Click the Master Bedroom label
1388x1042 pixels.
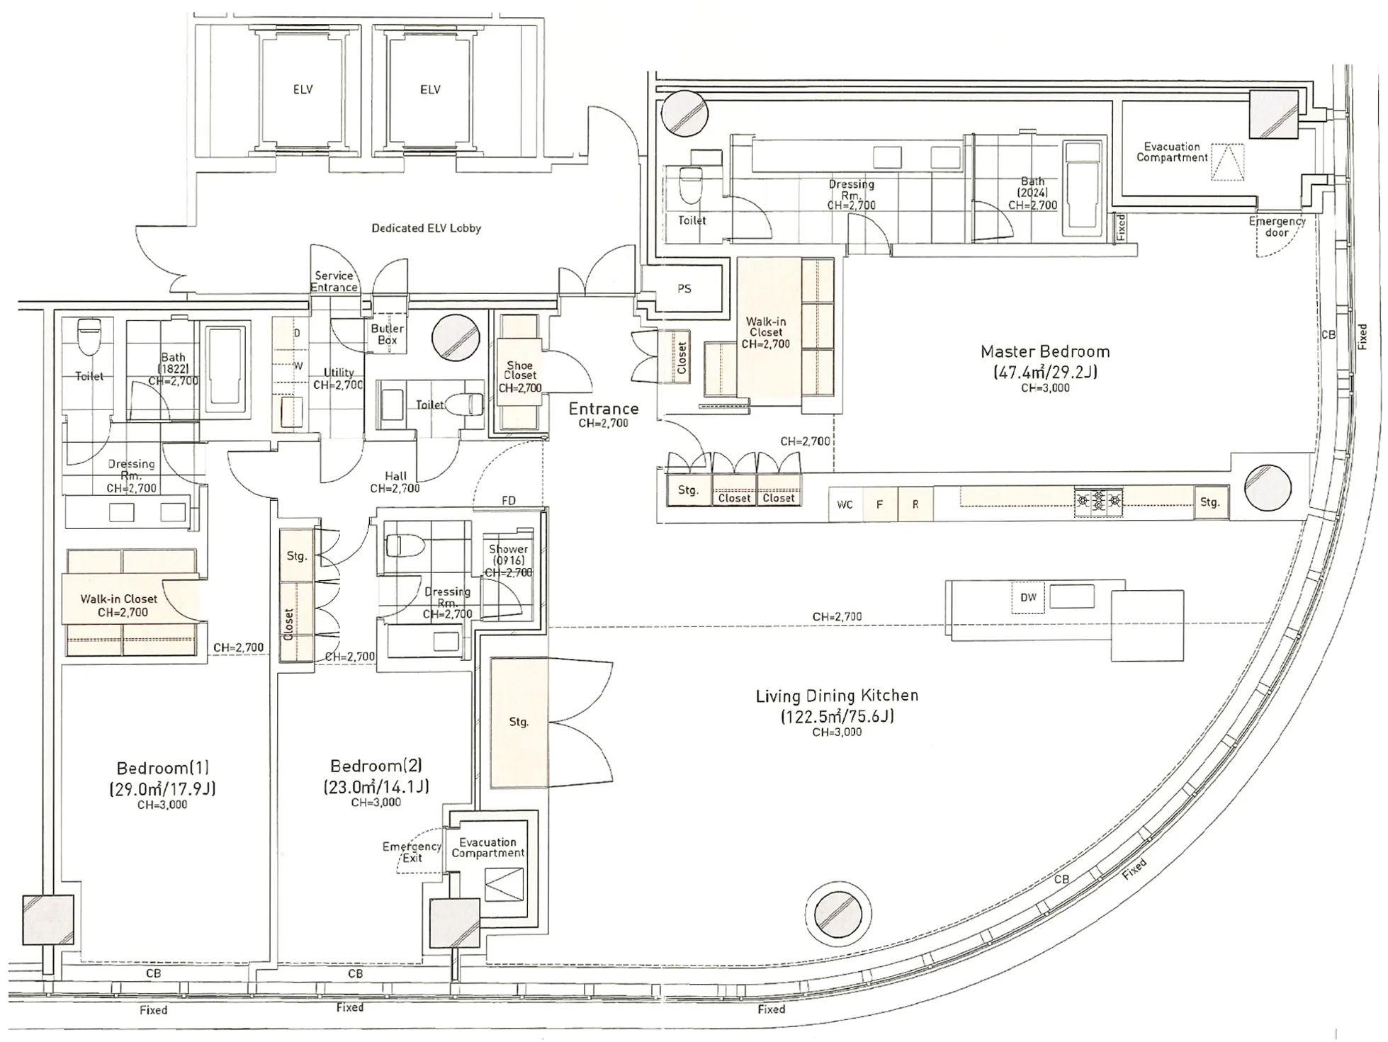(x=1045, y=351)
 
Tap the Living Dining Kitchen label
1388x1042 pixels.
(x=837, y=696)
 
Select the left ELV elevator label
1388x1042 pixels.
(x=303, y=90)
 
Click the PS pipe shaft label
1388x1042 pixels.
(x=684, y=289)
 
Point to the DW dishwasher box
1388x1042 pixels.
(x=1028, y=598)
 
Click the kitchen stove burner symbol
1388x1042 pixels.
(x=1098, y=502)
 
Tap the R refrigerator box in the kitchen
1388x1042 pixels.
(x=915, y=504)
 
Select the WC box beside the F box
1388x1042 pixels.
(x=845, y=504)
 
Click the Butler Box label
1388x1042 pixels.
(x=387, y=334)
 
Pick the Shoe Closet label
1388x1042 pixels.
(x=519, y=370)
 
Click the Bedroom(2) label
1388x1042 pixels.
(x=376, y=766)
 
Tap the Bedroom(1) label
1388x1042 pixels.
(x=163, y=768)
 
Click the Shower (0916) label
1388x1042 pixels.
(x=508, y=555)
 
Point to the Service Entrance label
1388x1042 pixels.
(x=334, y=281)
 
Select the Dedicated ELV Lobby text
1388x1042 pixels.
(x=427, y=228)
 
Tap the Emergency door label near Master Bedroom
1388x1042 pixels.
(x=1277, y=227)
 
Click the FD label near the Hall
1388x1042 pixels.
(x=509, y=501)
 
